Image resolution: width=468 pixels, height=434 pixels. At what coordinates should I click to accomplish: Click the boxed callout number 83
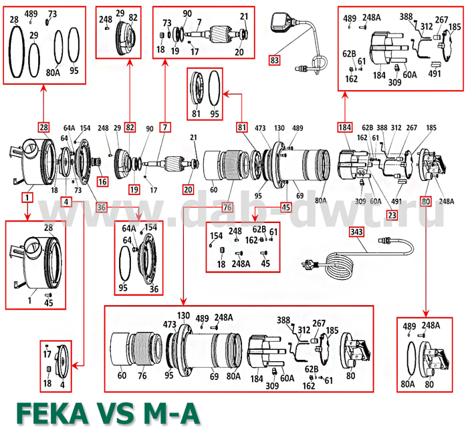[x=274, y=61]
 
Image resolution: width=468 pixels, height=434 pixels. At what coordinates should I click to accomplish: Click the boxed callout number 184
[x=344, y=127]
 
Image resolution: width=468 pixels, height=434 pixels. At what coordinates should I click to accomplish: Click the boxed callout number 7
[x=164, y=127]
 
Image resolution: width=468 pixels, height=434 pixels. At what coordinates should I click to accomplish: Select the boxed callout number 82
[x=129, y=127]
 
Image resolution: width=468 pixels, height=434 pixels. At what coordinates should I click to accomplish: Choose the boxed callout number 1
[x=27, y=198]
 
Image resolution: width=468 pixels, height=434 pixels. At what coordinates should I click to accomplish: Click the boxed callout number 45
[x=285, y=207]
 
